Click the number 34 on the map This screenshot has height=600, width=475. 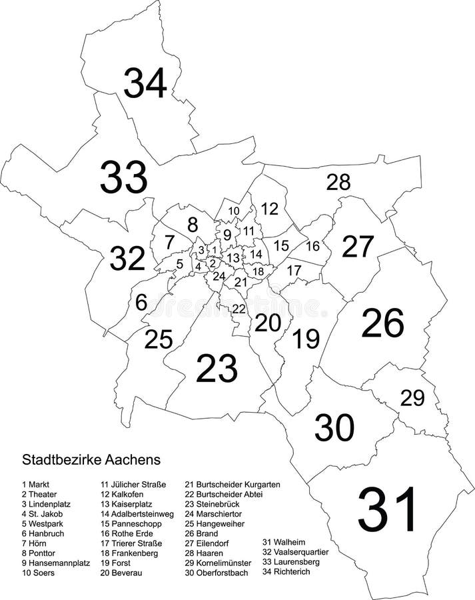(145, 83)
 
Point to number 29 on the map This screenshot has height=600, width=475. (412, 398)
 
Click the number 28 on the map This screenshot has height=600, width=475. (338, 181)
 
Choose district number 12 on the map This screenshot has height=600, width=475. (269, 209)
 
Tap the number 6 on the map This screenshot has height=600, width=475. (141, 303)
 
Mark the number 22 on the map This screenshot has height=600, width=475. (238, 309)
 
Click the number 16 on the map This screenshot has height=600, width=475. (312, 246)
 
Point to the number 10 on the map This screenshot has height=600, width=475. (233, 211)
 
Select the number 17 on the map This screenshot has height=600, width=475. (294, 271)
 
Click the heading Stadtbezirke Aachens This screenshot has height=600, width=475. (91, 459)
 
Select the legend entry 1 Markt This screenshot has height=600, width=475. (40, 484)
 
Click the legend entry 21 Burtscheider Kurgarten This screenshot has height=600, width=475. (233, 484)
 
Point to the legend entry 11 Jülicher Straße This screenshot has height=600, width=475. (133, 484)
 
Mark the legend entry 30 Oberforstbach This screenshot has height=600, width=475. (219, 572)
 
